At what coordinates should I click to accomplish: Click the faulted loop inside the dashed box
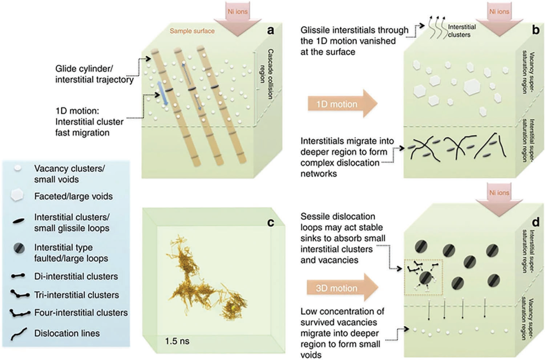pyautogui.click(x=426, y=278)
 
